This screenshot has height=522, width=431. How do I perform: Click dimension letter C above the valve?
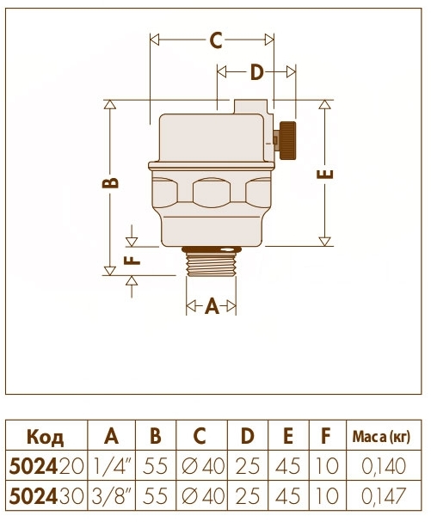pyautogui.click(x=215, y=40)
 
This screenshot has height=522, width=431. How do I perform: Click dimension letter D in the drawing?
pyautogui.click(x=256, y=72)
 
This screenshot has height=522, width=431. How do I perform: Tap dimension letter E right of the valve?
pyautogui.click(x=324, y=176)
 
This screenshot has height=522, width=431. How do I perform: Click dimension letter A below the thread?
pyautogui.click(x=212, y=306)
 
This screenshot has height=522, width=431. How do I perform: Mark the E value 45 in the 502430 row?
pyautogui.click(x=288, y=496)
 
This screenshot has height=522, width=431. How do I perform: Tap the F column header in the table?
pyautogui.click(x=325, y=436)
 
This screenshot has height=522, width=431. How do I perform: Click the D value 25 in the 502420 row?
pyautogui.click(x=247, y=466)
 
